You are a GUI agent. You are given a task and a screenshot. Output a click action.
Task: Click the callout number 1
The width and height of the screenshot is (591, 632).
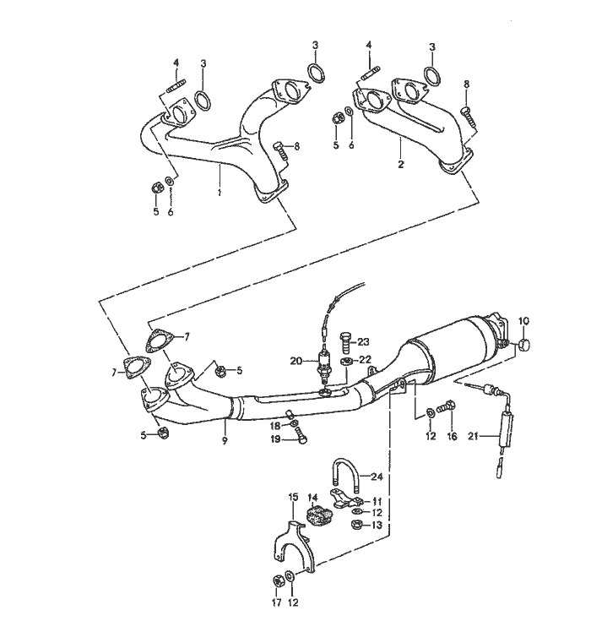[x=220, y=193]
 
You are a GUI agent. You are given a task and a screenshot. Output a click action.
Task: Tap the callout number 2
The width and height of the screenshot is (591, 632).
[x=400, y=165]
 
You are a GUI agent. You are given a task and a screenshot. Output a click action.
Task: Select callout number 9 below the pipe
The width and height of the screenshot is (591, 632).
[x=225, y=441]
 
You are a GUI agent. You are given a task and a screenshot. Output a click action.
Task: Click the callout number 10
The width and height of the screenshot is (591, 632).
[x=523, y=321]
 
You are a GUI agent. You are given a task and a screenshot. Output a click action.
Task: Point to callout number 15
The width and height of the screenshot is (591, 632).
[x=293, y=497]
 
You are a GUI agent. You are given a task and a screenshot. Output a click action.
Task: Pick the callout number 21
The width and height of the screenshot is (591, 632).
[x=474, y=436]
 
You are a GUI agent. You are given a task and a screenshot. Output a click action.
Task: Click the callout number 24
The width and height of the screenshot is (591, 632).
[x=377, y=477]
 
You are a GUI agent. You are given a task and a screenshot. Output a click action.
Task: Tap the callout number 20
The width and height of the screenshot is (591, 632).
[x=296, y=361]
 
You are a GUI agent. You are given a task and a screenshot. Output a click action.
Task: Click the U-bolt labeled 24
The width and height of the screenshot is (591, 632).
[x=345, y=477]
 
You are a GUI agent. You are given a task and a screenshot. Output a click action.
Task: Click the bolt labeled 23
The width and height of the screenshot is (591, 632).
[x=345, y=342]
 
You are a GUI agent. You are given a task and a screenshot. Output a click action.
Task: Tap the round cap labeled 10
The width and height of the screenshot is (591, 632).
[x=523, y=345]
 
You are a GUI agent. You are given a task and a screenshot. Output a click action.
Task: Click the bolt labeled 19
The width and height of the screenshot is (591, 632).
[x=300, y=435]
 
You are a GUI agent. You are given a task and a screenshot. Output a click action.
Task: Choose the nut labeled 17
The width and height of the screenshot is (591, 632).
[x=277, y=580]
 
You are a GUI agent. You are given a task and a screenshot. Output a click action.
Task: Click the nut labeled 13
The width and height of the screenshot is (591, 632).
[x=355, y=525]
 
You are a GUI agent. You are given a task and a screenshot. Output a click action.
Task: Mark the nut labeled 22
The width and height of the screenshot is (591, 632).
[x=346, y=361]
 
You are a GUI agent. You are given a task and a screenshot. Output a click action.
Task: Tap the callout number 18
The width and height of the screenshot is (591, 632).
[x=274, y=427]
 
